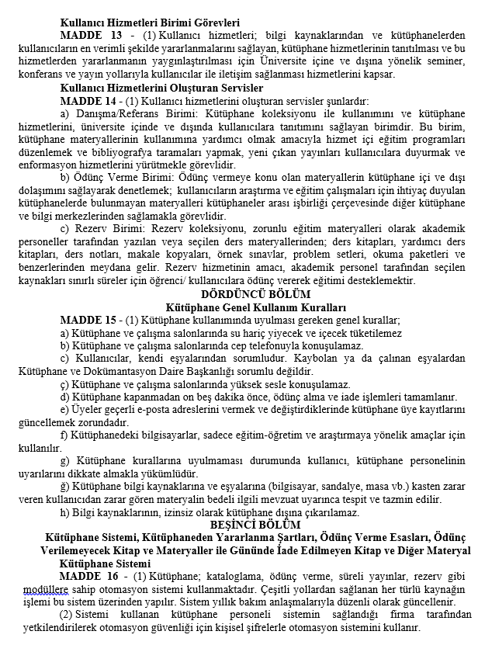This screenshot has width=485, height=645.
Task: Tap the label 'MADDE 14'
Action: pos(87,101)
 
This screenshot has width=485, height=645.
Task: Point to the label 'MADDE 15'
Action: pos(87,319)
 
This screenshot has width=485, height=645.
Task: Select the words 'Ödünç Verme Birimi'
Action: pos(123,177)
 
